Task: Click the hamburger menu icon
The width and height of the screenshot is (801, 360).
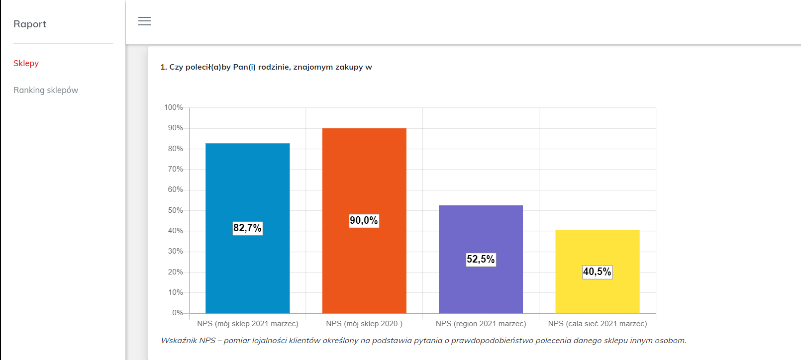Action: click(144, 21)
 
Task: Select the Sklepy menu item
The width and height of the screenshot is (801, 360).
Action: click(26, 63)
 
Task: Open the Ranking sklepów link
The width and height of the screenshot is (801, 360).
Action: click(46, 90)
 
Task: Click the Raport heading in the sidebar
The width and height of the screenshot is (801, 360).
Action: click(30, 24)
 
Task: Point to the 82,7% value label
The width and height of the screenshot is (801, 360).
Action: click(247, 228)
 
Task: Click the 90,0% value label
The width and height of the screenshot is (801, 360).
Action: click(364, 221)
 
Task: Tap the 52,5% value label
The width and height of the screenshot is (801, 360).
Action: click(481, 260)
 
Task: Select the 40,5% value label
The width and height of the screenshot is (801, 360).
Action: click(597, 272)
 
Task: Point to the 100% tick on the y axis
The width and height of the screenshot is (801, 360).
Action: click(174, 107)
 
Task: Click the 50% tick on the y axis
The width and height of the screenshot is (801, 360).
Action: click(175, 210)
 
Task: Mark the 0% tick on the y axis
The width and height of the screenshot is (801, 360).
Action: click(178, 313)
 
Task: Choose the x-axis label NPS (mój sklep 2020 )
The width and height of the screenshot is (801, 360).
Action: click(364, 324)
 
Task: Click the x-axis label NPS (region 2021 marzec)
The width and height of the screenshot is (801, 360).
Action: click(481, 324)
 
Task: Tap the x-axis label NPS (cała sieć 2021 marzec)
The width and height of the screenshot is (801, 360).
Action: click(598, 324)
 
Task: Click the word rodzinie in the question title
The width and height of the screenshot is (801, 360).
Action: click(274, 67)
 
